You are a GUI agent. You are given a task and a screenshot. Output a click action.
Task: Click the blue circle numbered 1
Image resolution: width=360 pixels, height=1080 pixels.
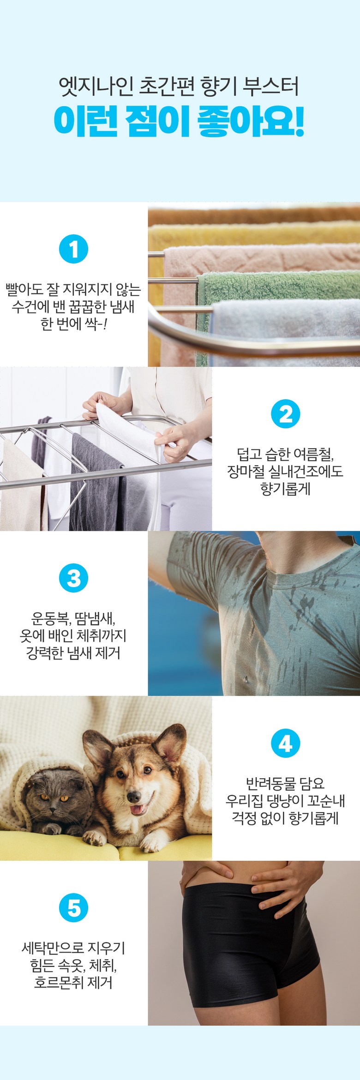74,249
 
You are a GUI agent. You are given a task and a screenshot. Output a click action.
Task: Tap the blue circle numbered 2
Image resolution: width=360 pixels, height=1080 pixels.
286,414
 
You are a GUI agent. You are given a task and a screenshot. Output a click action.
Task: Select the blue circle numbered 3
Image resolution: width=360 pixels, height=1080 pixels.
74,578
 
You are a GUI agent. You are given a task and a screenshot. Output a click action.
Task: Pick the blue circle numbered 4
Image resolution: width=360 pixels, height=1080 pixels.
286,743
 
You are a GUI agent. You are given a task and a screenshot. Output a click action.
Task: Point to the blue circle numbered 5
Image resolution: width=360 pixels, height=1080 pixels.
74,908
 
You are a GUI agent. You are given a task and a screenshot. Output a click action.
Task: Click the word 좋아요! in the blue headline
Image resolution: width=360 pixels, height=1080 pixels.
251,122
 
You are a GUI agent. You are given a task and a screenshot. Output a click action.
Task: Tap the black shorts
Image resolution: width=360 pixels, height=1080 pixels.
249,946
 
